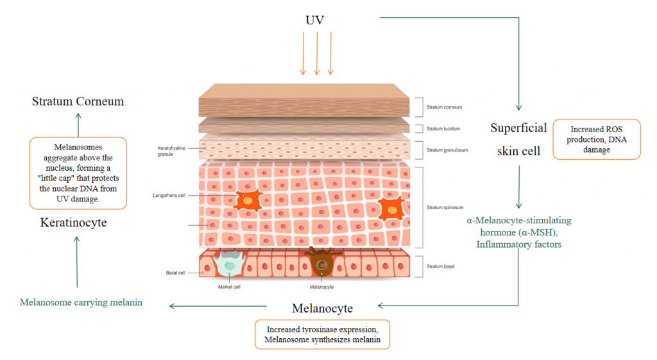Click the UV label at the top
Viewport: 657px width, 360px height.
click(x=314, y=20)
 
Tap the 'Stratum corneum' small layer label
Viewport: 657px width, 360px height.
click(x=444, y=107)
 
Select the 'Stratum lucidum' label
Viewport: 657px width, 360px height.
click(x=443, y=128)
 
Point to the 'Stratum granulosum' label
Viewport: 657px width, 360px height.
click(x=447, y=150)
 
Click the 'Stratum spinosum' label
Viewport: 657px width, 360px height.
click(x=445, y=207)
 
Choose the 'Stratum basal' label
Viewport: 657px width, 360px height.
click(x=440, y=266)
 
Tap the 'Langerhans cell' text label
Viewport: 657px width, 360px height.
click(x=169, y=195)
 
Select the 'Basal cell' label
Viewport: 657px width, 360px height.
click(x=175, y=273)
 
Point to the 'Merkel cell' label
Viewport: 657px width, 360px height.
click(x=229, y=287)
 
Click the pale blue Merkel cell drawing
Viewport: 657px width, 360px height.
click(x=229, y=262)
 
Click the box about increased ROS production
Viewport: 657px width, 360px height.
click(x=597, y=139)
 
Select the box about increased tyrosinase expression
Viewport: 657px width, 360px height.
click(x=322, y=334)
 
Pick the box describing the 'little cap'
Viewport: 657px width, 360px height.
click(x=78, y=173)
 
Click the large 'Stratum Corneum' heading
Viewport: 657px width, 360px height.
click(x=78, y=101)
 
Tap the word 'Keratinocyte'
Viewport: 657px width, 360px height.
click(x=73, y=223)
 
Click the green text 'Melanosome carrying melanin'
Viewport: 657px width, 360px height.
click(x=81, y=303)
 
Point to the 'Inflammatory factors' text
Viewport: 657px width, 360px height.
click(x=518, y=244)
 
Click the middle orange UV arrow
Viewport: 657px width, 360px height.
click(x=317, y=53)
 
